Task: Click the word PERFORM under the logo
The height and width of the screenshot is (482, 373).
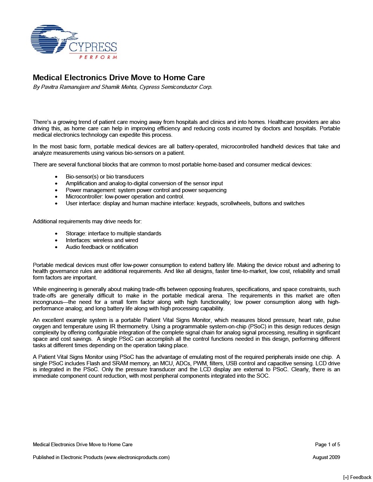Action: click(98, 57)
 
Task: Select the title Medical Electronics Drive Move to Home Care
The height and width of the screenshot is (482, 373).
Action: click(119, 78)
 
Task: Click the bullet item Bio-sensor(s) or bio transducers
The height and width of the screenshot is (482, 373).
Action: click(104, 177)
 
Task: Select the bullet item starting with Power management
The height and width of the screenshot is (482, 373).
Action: click(146, 190)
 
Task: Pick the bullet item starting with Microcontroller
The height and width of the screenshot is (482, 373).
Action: click(125, 197)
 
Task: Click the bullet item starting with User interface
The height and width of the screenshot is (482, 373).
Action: click(185, 203)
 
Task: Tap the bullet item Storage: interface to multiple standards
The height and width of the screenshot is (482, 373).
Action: click(113, 233)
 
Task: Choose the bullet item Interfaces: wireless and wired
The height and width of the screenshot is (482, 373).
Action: click(102, 240)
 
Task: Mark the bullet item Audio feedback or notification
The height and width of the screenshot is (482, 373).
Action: click(102, 247)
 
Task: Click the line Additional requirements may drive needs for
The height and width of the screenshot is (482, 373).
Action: click(87, 221)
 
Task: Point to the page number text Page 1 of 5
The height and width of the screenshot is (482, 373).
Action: click(327, 444)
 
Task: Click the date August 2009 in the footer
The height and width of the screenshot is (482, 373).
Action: click(326, 457)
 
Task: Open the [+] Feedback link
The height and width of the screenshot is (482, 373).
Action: click(357, 477)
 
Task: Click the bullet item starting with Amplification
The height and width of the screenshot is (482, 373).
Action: click(144, 183)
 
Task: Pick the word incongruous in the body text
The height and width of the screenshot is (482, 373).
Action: click(49, 302)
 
